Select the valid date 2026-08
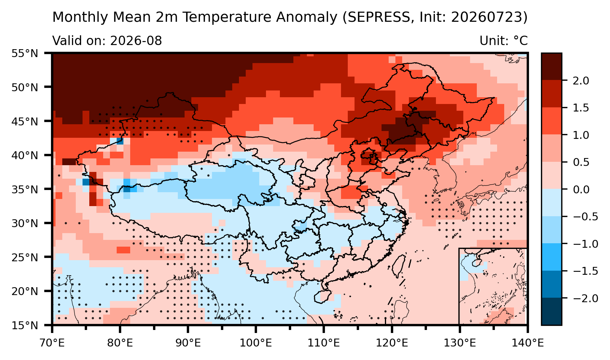(x=136, y=41)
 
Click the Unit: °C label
(x=503, y=41)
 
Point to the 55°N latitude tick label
(x=24, y=53)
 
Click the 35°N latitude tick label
(x=24, y=189)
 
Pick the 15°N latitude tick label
(x=24, y=325)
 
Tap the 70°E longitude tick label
(x=52, y=343)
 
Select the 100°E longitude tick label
(x=256, y=343)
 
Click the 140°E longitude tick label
(x=527, y=343)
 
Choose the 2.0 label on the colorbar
(x=581, y=81)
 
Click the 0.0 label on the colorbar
(x=581, y=189)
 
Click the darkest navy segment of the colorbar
(x=551, y=311)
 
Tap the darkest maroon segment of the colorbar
(x=551, y=67)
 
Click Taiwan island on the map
(x=398, y=267)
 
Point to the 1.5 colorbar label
(x=581, y=108)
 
